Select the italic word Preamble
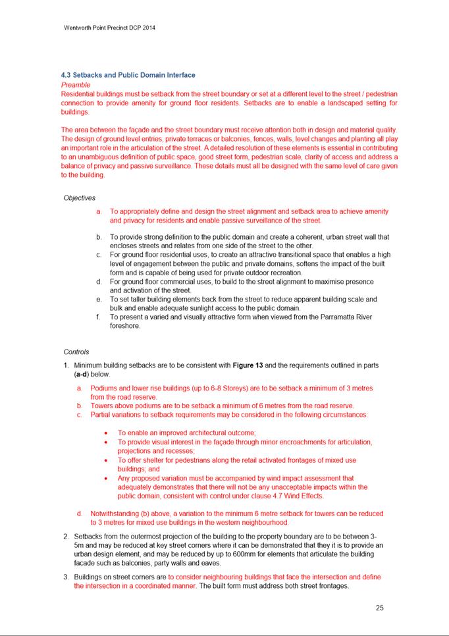click(x=76, y=85)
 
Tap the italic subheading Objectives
click(x=80, y=198)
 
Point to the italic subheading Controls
click(x=76, y=352)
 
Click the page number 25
click(x=380, y=608)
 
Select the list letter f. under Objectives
click(x=98, y=317)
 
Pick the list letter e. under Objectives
click(x=98, y=299)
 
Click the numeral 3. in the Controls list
click(x=66, y=577)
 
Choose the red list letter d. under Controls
click(x=79, y=514)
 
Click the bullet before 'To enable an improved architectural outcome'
click(x=107, y=433)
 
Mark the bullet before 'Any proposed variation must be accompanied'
click(x=107, y=479)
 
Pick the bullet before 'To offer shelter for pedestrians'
click(x=107, y=460)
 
